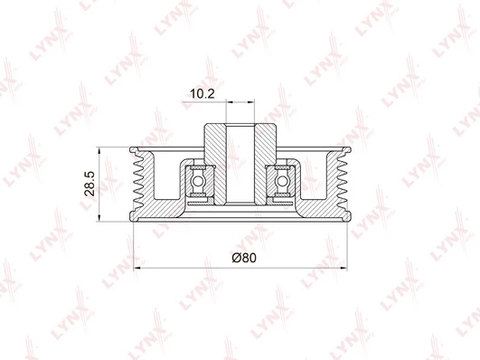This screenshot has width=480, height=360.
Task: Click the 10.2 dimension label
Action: pos(202,94)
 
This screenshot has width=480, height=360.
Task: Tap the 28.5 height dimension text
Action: pos(90,184)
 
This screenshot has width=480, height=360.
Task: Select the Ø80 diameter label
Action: pos(244,258)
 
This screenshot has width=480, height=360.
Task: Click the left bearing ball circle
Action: pos(198,181)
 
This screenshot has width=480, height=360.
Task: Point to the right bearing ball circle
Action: pos(282,181)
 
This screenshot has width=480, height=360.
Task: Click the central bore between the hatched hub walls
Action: pos(240,164)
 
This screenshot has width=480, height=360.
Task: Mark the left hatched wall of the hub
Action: pos(215,164)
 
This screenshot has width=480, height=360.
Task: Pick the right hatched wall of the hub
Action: pos(266,164)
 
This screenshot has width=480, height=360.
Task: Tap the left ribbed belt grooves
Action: pos(139,184)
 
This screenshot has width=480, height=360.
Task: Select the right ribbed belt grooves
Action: pos(342,184)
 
